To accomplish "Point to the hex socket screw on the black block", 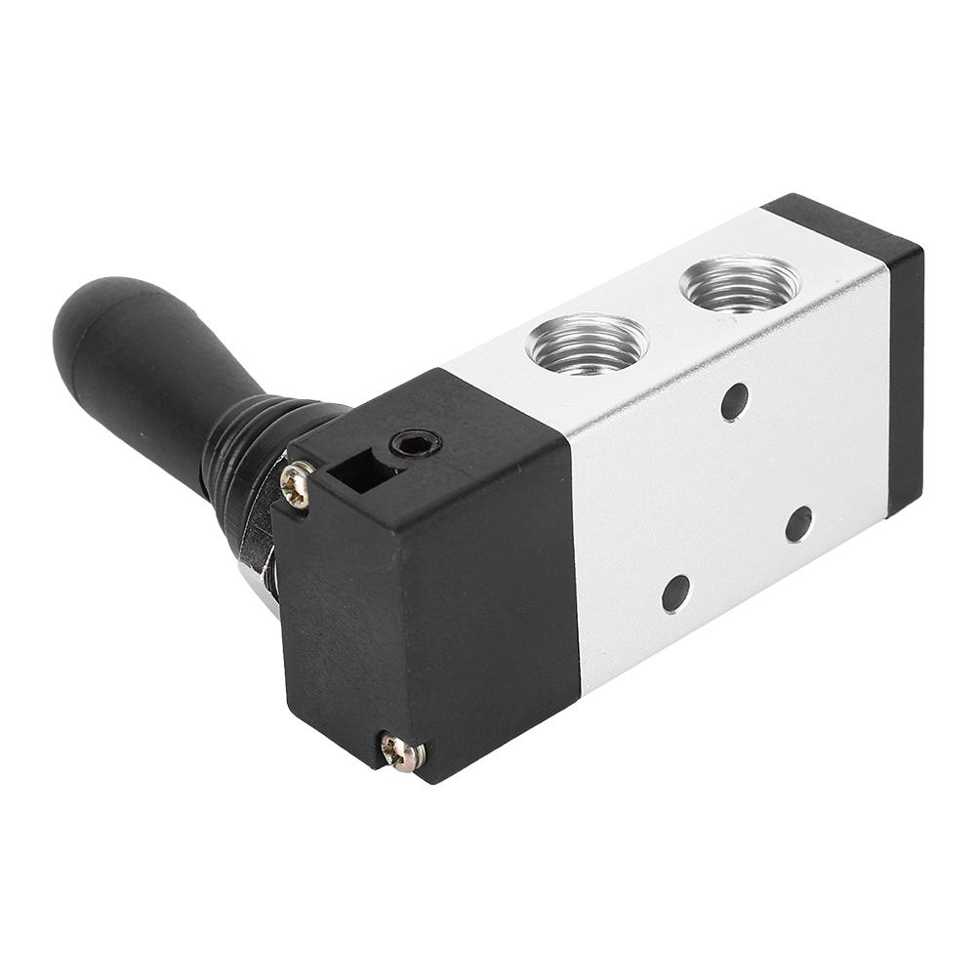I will point(416,446).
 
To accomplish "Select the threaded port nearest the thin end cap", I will point(739,284).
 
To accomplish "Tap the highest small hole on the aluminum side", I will point(735,401).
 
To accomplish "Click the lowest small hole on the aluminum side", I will point(675,593).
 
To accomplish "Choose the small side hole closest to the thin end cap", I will point(798,524).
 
